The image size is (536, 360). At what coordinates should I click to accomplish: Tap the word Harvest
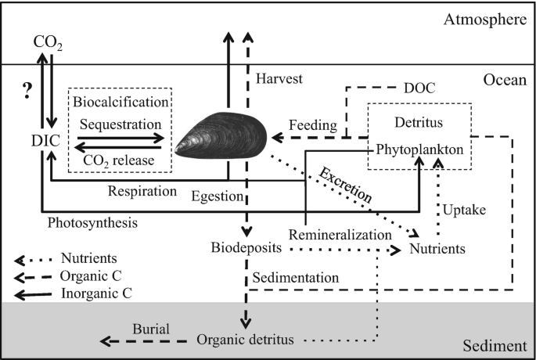tap(279, 79)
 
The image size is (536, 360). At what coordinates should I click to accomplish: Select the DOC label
tap(420, 88)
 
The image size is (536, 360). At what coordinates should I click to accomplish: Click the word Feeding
tap(313, 125)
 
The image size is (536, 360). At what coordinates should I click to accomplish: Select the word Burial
tap(151, 329)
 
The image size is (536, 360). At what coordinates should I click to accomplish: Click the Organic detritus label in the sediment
tap(247, 340)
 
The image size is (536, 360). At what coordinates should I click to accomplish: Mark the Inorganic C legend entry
tap(94, 293)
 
